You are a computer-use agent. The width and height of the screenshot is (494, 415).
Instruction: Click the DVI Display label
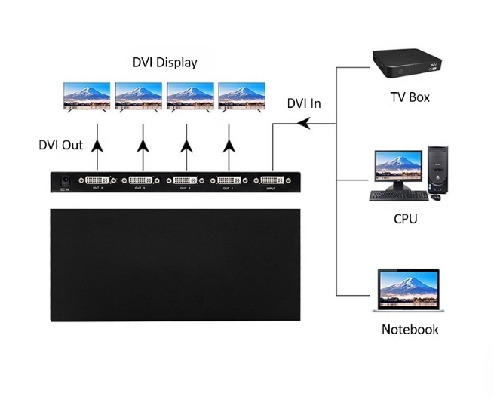[x=164, y=63]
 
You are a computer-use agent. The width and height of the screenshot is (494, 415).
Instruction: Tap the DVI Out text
[x=60, y=145]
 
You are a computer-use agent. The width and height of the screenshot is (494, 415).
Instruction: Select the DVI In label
[x=304, y=103]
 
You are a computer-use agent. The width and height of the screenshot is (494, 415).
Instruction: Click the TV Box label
[x=410, y=97]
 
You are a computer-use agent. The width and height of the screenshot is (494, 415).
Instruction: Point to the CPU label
[x=405, y=220]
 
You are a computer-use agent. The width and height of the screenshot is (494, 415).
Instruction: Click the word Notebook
[x=410, y=330]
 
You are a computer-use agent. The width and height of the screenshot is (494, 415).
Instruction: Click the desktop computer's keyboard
[x=397, y=196]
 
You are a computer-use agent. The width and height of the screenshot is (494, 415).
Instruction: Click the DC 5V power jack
[x=66, y=181]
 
